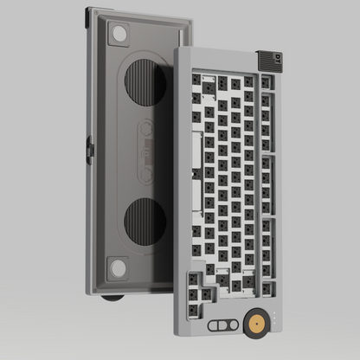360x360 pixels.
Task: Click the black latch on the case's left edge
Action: (x=89, y=146)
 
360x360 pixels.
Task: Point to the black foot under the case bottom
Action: (x=111, y=299)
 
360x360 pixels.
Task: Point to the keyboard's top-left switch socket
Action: (x=196, y=79)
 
